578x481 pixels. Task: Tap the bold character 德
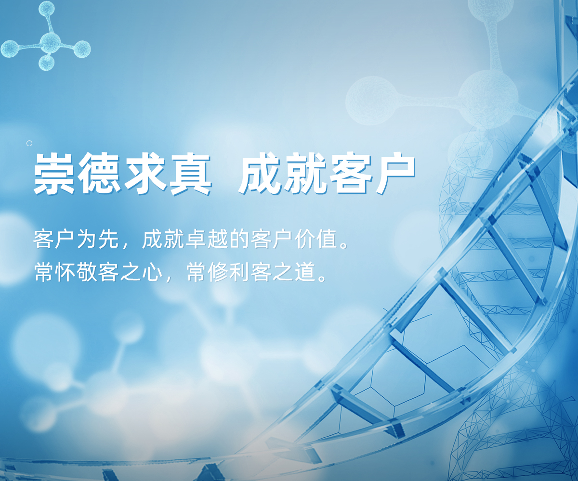[x=99, y=173]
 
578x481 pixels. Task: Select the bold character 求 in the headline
[x=145, y=173]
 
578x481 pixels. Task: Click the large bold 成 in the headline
[x=259, y=173]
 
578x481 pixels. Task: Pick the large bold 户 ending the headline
[x=395, y=173]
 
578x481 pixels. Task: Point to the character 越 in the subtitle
[x=218, y=239]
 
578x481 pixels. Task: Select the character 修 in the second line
[x=218, y=272]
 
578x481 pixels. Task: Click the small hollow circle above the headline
[x=29, y=143]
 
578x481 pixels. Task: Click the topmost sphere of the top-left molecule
[x=46, y=9]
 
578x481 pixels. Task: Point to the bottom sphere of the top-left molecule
[x=46, y=63]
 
